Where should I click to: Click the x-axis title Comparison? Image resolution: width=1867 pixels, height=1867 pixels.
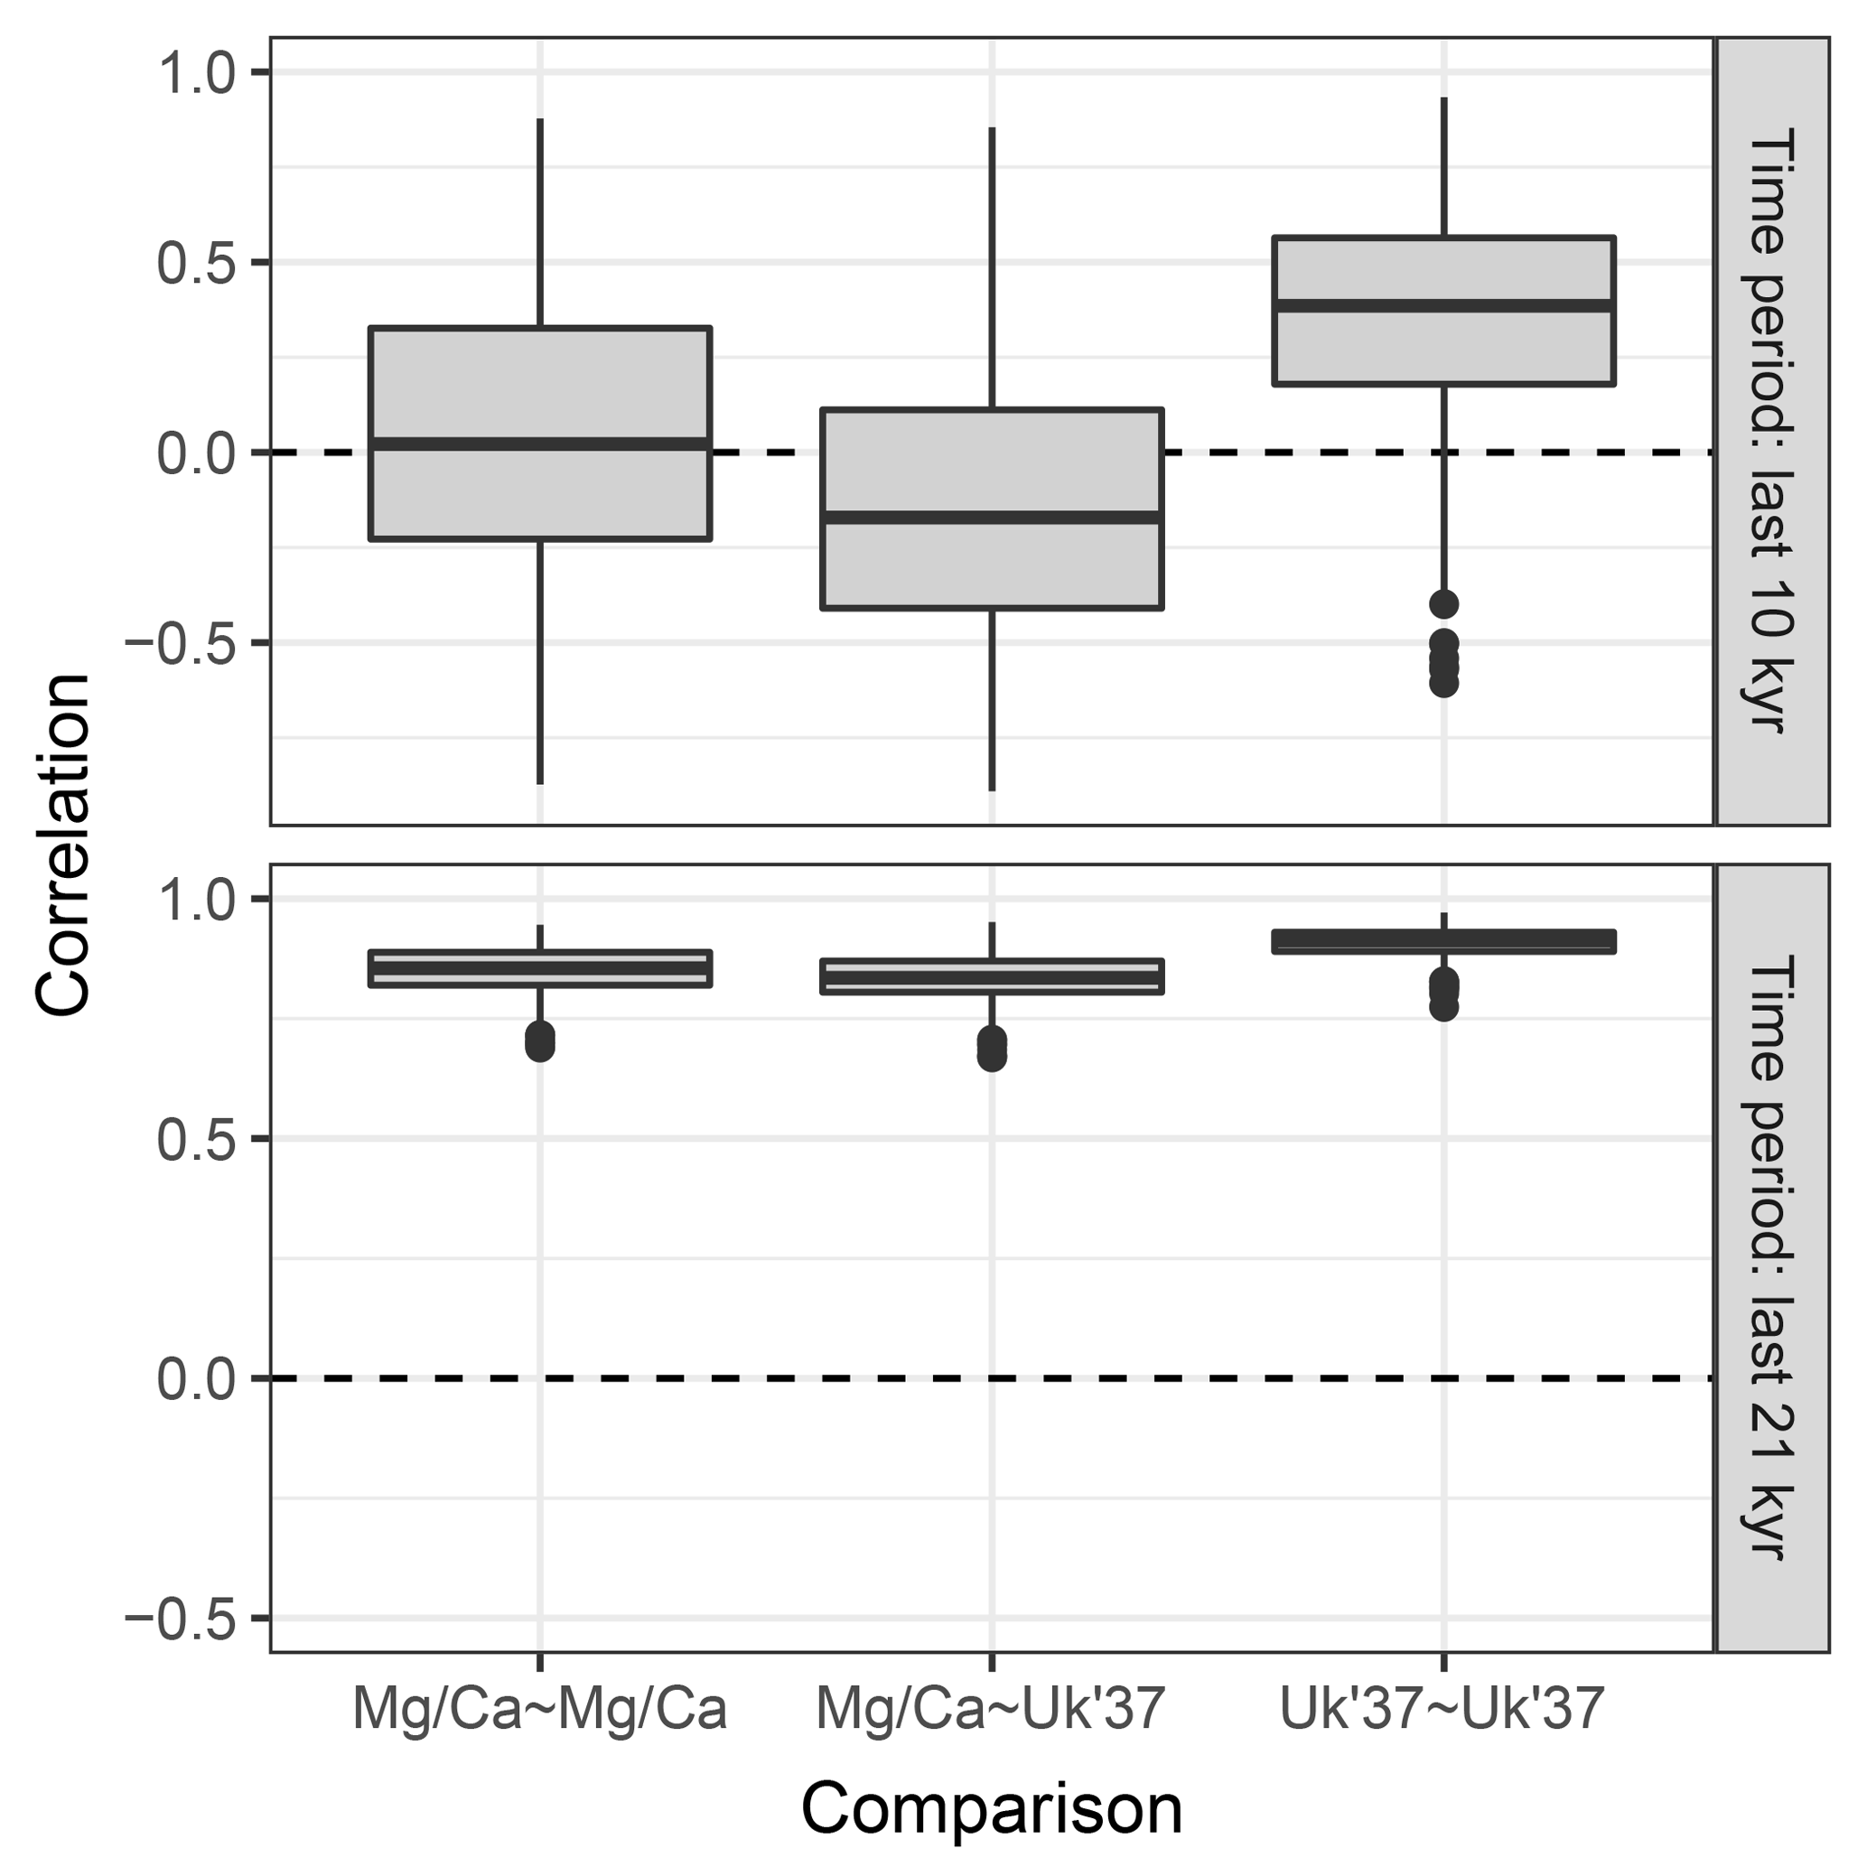(992, 1808)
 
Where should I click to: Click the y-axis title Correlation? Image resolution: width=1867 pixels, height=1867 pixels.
(64, 845)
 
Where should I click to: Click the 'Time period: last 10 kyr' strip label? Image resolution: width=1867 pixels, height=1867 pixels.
(1771, 431)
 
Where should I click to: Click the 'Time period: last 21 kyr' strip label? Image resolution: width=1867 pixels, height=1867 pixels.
(1771, 1257)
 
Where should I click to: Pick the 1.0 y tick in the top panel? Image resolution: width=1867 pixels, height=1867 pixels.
(197, 73)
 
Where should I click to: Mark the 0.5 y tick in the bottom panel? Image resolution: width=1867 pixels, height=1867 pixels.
(197, 1138)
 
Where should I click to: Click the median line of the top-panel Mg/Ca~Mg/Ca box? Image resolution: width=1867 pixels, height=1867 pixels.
(539, 444)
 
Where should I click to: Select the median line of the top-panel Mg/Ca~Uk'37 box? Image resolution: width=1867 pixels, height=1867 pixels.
(992, 517)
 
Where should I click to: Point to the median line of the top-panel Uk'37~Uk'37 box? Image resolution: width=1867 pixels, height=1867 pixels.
(1442, 305)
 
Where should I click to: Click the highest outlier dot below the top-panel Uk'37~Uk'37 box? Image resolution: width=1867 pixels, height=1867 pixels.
(1443, 605)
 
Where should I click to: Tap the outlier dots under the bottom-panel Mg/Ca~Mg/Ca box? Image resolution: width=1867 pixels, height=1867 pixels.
(539, 1041)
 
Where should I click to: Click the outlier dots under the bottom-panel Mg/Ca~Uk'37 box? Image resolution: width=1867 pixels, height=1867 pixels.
(992, 1049)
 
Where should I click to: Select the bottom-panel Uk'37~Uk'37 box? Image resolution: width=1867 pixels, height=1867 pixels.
(1442, 941)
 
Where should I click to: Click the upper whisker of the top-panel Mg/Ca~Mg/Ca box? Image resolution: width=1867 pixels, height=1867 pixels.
(539, 222)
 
